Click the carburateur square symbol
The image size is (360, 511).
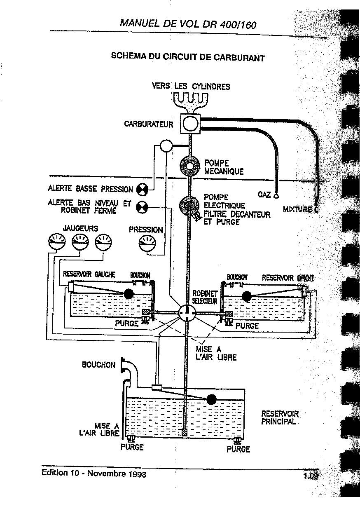pos(190,123)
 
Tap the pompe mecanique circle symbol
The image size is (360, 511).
pos(190,166)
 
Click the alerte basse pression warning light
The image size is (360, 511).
pos(142,189)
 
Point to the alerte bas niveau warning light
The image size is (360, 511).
pos(142,207)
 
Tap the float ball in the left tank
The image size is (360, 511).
pos(129,293)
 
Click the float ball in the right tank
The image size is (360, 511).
pos(247,296)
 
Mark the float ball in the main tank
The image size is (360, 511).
pos(211,399)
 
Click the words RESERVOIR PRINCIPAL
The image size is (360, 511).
pos(280,417)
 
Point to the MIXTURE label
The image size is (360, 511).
pos(297,209)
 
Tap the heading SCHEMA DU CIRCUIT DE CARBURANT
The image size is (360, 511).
pos(188,56)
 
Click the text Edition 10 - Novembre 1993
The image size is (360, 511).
pos(94,473)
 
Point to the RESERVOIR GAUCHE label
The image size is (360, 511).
pos(89,274)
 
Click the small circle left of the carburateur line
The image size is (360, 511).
pos(166,145)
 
